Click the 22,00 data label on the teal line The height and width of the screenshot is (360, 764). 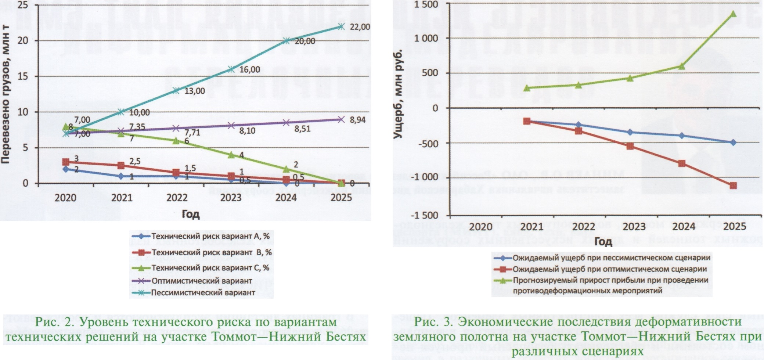[360, 27]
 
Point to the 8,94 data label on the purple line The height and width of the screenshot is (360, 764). [357, 120]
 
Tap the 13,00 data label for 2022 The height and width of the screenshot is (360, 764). [195, 91]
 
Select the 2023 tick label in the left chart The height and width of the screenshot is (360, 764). [231, 198]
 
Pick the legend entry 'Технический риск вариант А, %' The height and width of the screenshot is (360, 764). [210, 236]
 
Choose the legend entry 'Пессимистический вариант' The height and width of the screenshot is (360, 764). [203, 293]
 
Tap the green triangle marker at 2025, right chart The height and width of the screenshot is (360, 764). [733, 14]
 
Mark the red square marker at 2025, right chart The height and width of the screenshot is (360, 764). [733, 186]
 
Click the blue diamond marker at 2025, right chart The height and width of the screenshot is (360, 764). [733, 143]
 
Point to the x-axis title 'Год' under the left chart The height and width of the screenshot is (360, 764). [190, 214]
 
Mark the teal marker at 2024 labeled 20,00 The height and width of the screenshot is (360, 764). [286, 40]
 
